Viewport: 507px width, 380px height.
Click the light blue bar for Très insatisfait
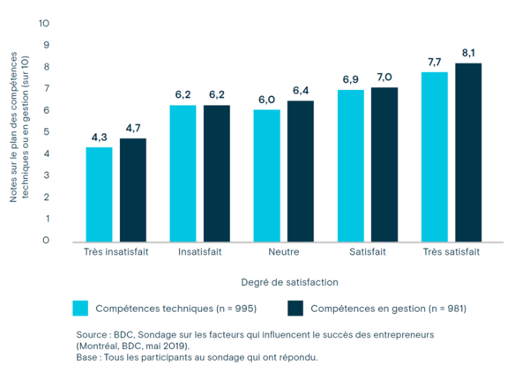[x=99, y=194]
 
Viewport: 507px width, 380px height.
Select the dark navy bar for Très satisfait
[x=468, y=152]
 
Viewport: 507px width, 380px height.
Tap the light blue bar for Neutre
[x=266, y=175]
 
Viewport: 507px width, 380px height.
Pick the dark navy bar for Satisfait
[x=384, y=164]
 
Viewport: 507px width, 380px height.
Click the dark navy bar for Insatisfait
[x=216, y=173]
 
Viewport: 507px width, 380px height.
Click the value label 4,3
[x=99, y=137]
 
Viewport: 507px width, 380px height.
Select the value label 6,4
[x=301, y=90]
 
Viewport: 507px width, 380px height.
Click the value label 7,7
[x=434, y=62]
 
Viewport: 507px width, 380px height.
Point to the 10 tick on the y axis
[x=45, y=22]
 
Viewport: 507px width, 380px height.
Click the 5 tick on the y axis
[x=47, y=131]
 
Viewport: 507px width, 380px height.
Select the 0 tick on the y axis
[x=47, y=240]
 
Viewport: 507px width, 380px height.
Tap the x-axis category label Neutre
[x=283, y=252]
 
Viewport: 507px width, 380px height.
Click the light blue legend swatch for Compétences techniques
[x=80, y=309]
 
